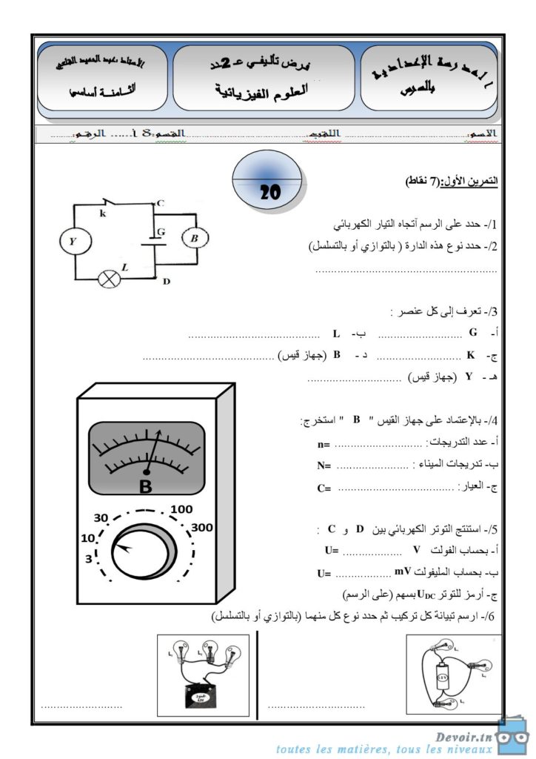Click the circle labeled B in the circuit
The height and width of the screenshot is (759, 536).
195,239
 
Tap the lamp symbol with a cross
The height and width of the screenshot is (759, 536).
111,279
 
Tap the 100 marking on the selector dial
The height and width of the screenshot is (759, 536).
181,509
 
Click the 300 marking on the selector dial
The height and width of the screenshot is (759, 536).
201,528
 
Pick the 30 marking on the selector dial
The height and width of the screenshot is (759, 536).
101,517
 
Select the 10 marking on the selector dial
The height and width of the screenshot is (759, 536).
88,537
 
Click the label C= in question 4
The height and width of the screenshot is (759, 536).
324,488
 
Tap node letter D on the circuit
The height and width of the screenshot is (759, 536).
167,281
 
